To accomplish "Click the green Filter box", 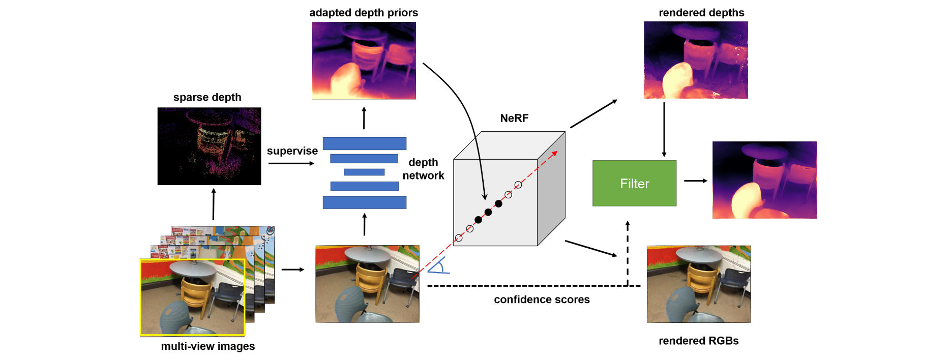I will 634,184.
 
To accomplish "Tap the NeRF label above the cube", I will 514,118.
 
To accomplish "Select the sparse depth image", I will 209,146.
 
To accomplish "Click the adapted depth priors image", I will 364,61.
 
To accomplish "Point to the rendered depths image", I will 696,60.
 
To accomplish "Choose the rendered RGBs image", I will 698,284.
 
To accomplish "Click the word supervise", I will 292,151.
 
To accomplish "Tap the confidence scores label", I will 542,299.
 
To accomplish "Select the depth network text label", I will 423,169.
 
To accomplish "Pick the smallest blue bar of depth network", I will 364,172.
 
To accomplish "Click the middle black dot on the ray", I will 488,212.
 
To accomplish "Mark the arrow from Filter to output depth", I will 695,181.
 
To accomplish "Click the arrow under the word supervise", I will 291,163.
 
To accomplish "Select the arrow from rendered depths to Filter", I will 664,130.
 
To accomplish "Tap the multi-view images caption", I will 208,346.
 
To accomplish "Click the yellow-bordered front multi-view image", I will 192,297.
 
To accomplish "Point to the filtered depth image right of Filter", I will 764,180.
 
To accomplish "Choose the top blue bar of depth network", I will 364,143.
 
